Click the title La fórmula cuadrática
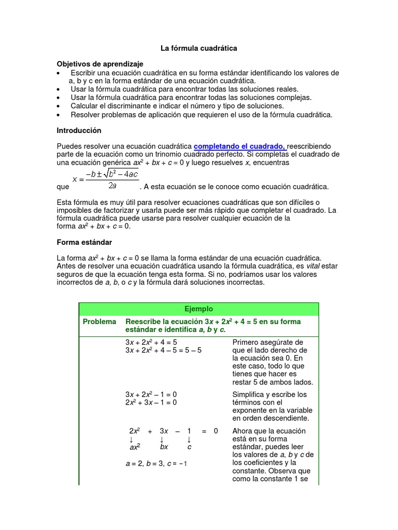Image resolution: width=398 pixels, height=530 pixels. click(198, 48)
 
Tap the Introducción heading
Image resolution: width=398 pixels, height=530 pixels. click(79, 130)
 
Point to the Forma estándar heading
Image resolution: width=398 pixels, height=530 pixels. click(84, 242)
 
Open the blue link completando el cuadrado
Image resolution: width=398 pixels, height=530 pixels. click(239, 146)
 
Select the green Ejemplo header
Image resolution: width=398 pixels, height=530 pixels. click(198, 309)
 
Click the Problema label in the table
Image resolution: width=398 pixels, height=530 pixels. click(99, 322)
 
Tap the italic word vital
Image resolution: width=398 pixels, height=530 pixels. click(309, 266)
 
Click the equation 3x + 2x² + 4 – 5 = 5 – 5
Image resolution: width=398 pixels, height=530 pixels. click(163, 350)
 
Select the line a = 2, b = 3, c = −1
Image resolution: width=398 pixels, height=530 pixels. click(156, 464)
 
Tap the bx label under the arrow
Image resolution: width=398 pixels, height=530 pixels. click(164, 447)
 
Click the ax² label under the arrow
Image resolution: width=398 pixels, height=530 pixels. click(135, 447)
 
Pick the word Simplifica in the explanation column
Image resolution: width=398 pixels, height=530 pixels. click(249, 394)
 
